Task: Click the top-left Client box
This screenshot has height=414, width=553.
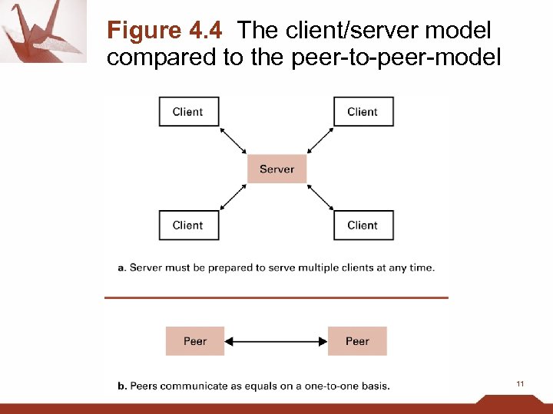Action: pos(189,112)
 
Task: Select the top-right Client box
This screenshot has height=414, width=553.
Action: pos(363,112)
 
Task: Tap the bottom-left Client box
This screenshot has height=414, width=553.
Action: pos(189,225)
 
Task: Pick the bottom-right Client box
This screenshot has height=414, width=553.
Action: pos(363,225)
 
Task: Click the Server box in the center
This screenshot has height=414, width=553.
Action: pos(276,169)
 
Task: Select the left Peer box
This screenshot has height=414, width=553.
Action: pos(195,341)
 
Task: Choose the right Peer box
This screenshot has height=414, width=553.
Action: pos(357,341)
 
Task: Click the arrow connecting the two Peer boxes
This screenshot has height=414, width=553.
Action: pos(276,341)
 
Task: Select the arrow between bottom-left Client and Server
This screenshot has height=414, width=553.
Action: pos(233,196)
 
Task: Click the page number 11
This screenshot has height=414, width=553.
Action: pos(520,383)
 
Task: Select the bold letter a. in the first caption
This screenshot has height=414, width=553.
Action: pos(122,268)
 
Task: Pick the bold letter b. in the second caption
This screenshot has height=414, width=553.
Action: pos(122,386)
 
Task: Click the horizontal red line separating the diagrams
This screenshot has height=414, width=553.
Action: pos(276,297)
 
